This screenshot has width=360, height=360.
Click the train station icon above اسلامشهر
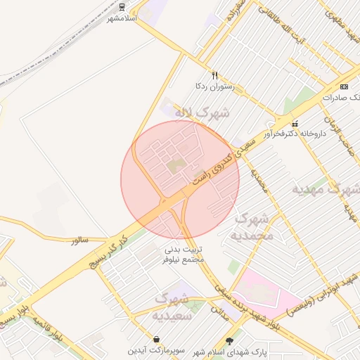point(122,7)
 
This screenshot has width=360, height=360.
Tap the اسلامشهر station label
point(120,18)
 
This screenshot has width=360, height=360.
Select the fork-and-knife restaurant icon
point(214,75)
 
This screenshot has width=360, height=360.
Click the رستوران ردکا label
point(214,86)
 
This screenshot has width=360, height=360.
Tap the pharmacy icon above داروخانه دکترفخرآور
point(295,124)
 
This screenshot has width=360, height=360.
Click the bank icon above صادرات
point(343,86)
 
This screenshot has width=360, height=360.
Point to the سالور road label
point(79,240)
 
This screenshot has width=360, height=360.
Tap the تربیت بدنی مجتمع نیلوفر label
point(184,254)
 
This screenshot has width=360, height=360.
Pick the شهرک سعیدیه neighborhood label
point(172,307)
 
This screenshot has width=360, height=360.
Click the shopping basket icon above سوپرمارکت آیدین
point(155,339)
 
